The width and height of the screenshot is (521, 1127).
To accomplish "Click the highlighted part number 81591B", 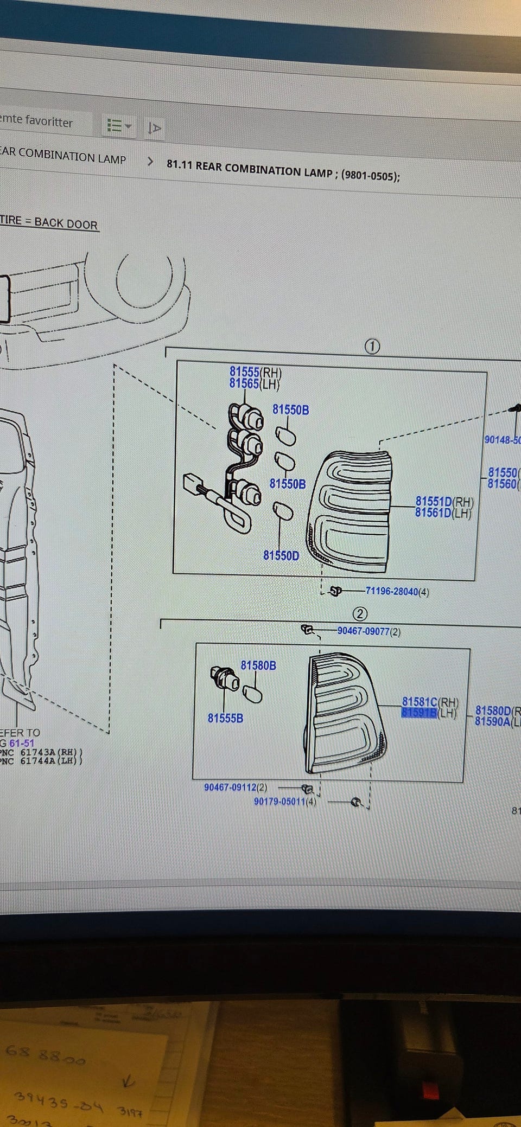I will (419, 713).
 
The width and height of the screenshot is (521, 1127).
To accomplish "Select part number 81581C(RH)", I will (430, 702).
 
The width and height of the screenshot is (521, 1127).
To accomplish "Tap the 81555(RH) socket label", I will (255, 372).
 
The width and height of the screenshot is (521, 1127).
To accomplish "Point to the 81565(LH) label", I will (254, 384).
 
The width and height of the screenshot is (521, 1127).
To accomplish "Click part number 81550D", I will (281, 555).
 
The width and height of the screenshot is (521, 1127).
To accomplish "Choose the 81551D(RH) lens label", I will (444, 502).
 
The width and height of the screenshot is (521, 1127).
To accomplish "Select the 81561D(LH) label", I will (443, 513).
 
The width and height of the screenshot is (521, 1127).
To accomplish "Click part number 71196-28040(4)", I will (397, 591).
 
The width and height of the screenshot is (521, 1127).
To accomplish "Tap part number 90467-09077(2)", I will (369, 631).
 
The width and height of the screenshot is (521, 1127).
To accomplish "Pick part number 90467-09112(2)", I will (236, 787).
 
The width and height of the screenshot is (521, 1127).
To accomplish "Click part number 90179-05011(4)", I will (285, 801).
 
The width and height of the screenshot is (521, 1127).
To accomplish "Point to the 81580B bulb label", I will (258, 665).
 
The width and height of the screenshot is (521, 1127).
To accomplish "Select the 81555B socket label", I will (225, 718).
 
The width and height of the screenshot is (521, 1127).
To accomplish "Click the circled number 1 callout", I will (372, 346).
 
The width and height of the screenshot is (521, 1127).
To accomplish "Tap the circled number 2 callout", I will (360, 614).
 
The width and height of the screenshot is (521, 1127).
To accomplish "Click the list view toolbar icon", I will (118, 126).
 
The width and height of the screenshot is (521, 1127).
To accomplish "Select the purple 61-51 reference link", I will (22, 743).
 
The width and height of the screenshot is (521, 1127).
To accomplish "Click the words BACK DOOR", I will (66, 223).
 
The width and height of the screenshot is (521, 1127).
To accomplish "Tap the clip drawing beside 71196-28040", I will (336, 591).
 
